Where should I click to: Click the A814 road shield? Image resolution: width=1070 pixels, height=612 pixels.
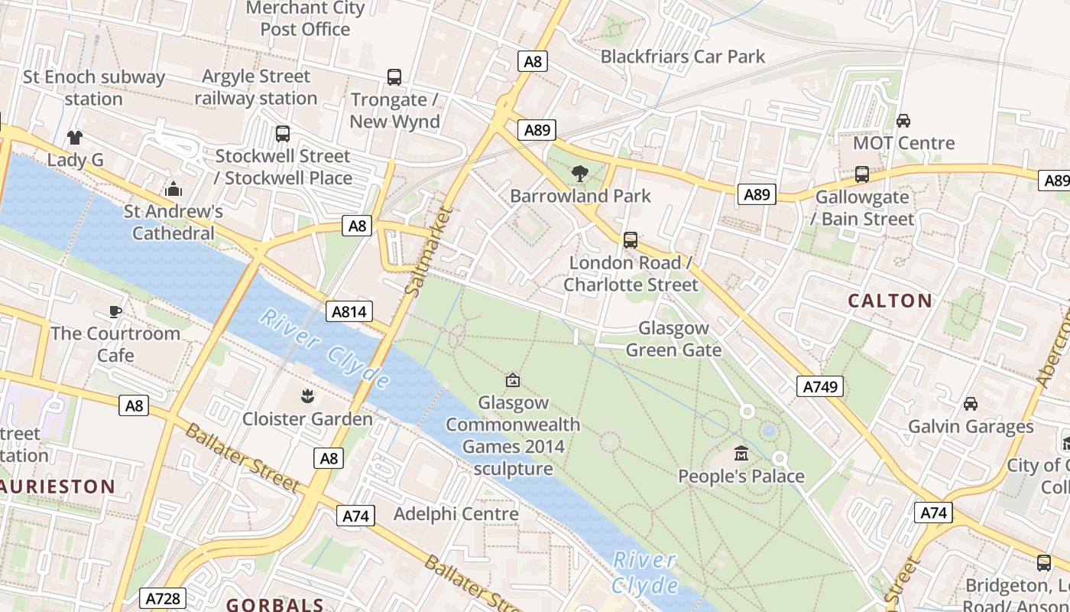pyautogui.click(x=350, y=311)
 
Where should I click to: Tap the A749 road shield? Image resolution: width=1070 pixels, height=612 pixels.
pyautogui.click(x=822, y=386)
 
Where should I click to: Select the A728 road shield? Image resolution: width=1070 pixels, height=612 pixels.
pyautogui.click(x=164, y=598)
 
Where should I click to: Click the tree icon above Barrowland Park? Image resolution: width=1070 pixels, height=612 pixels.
pyautogui.click(x=580, y=174)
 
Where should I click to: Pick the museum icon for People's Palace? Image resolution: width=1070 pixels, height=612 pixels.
pyautogui.click(x=741, y=454)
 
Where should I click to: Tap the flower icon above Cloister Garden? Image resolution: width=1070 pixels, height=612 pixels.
pyautogui.click(x=307, y=396)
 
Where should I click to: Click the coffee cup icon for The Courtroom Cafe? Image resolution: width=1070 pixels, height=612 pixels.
pyautogui.click(x=115, y=311)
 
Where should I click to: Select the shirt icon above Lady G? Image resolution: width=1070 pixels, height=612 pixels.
pyautogui.click(x=74, y=138)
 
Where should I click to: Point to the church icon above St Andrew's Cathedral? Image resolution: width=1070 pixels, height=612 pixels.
pyautogui.click(x=173, y=189)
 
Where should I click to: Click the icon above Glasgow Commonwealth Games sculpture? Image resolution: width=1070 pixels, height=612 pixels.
pyautogui.click(x=513, y=380)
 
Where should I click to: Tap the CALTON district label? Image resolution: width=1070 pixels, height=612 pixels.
pyautogui.click(x=890, y=301)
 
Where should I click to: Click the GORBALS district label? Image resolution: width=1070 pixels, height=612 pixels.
pyautogui.click(x=275, y=604)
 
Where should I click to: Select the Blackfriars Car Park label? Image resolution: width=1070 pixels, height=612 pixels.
pyautogui.click(x=683, y=56)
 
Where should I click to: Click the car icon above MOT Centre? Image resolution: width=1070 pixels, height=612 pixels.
pyautogui.click(x=903, y=121)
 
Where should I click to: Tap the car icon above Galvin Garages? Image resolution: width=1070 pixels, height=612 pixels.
pyautogui.click(x=971, y=404)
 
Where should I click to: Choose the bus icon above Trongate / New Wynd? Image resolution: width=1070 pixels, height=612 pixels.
pyautogui.click(x=394, y=77)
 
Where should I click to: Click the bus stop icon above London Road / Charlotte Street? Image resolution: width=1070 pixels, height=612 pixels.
pyautogui.click(x=631, y=240)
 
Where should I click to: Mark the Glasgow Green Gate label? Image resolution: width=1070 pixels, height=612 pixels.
pyautogui.click(x=673, y=339)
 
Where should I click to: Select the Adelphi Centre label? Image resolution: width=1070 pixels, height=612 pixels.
pyautogui.click(x=456, y=514)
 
